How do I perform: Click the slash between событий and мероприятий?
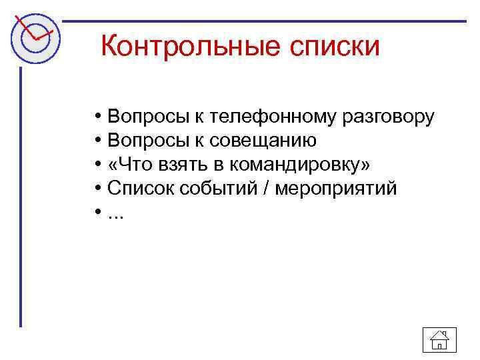(x=267, y=189)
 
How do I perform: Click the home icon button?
(x=439, y=341)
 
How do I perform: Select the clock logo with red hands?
(x=33, y=37)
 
